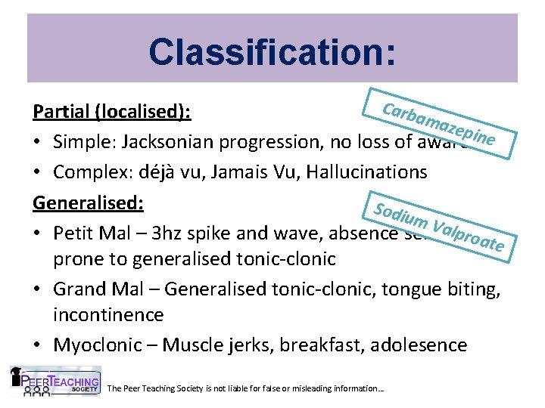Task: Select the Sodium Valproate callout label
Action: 440,219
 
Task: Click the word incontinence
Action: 107,314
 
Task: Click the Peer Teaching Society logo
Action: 54,381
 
